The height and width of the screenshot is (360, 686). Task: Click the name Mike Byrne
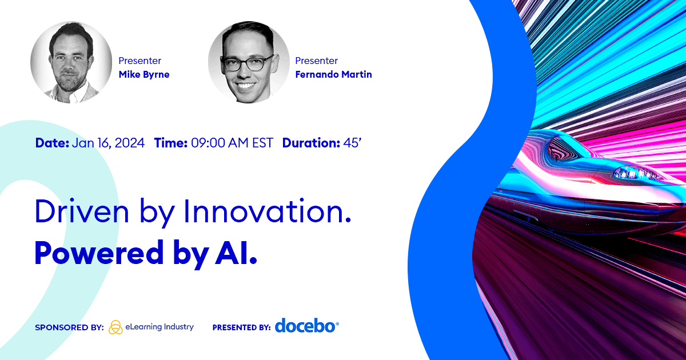click(x=144, y=75)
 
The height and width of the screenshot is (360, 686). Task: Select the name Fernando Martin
click(x=333, y=74)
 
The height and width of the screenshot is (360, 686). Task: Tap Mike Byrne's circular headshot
click(x=71, y=62)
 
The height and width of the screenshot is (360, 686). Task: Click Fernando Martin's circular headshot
click(x=249, y=62)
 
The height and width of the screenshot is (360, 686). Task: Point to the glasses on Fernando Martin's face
click(x=248, y=63)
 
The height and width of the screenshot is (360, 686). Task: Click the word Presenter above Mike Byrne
click(x=139, y=61)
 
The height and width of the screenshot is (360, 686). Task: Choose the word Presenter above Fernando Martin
click(x=316, y=61)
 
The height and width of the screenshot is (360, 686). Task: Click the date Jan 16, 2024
click(x=108, y=143)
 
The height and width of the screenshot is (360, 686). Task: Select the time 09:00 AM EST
click(x=232, y=143)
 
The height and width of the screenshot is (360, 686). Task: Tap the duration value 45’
click(x=352, y=143)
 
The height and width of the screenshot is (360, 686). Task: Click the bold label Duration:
click(x=311, y=143)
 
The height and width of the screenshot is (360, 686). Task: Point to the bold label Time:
click(x=170, y=143)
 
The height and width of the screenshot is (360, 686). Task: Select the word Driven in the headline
click(x=82, y=211)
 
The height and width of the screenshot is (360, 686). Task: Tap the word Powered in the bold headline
click(x=99, y=253)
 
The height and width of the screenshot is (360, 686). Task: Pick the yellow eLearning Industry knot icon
click(x=115, y=327)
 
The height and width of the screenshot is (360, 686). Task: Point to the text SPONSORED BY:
click(x=70, y=327)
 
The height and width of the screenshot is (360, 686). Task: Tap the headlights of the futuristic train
click(x=635, y=173)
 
